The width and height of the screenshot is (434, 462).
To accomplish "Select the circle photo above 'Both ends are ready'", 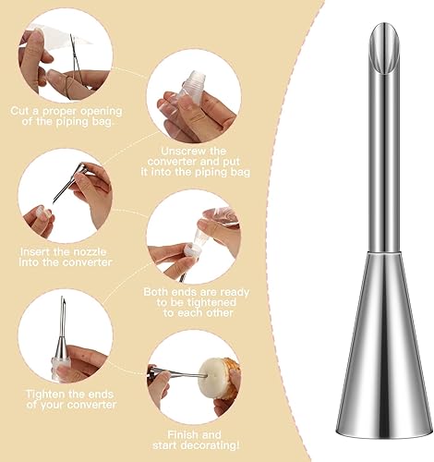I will coord(193,236).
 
